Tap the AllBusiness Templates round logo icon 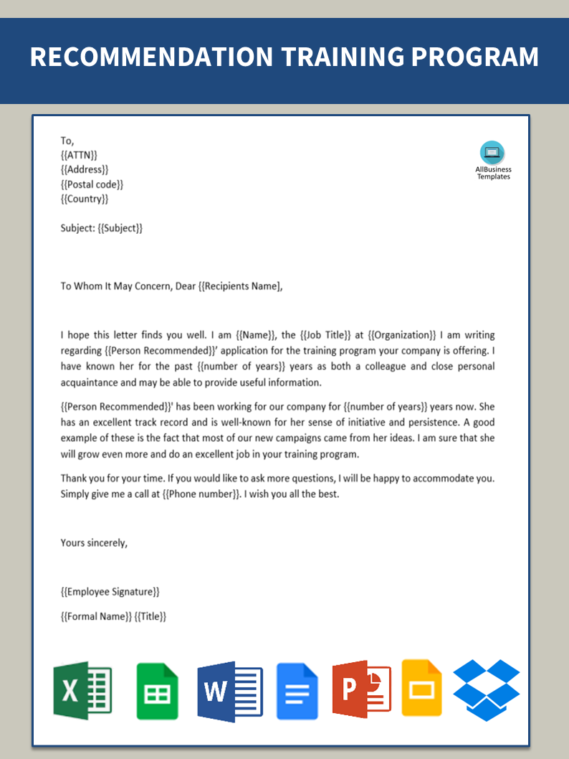pos(492,152)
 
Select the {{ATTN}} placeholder pos(79,155)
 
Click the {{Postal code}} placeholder pos(92,184)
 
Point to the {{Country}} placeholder pos(85,199)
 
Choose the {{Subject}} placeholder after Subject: pos(120,228)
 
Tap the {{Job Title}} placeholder pos(326,335)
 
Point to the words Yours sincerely pos(94,542)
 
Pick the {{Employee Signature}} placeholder pos(110,592)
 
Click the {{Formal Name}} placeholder pos(97,616)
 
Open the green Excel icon pos(82,690)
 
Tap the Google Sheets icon pos(158,691)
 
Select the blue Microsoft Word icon pos(230,691)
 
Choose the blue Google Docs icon pos(297,691)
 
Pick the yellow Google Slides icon pos(422,687)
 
